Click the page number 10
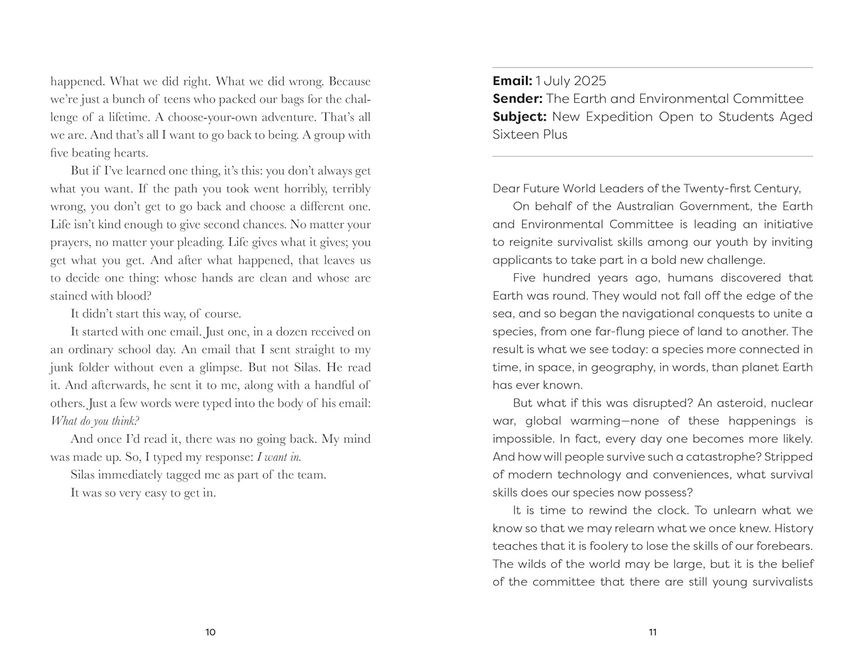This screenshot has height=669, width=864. (x=210, y=632)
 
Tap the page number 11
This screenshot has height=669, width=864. (x=653, y=632)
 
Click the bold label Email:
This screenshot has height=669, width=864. (x=512, y=81)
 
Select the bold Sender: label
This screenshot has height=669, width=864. (x=517, y=99)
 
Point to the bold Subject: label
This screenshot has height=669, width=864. (x=519, y=116)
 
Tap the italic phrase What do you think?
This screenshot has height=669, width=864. (x=95, y=421)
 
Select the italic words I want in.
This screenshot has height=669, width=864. (x=278, y=457)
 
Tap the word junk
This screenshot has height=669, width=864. (x=62, y=367)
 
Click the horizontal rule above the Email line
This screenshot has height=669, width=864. (x=653, y=67)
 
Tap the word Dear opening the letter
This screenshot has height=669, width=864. (x=506, y=189)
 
